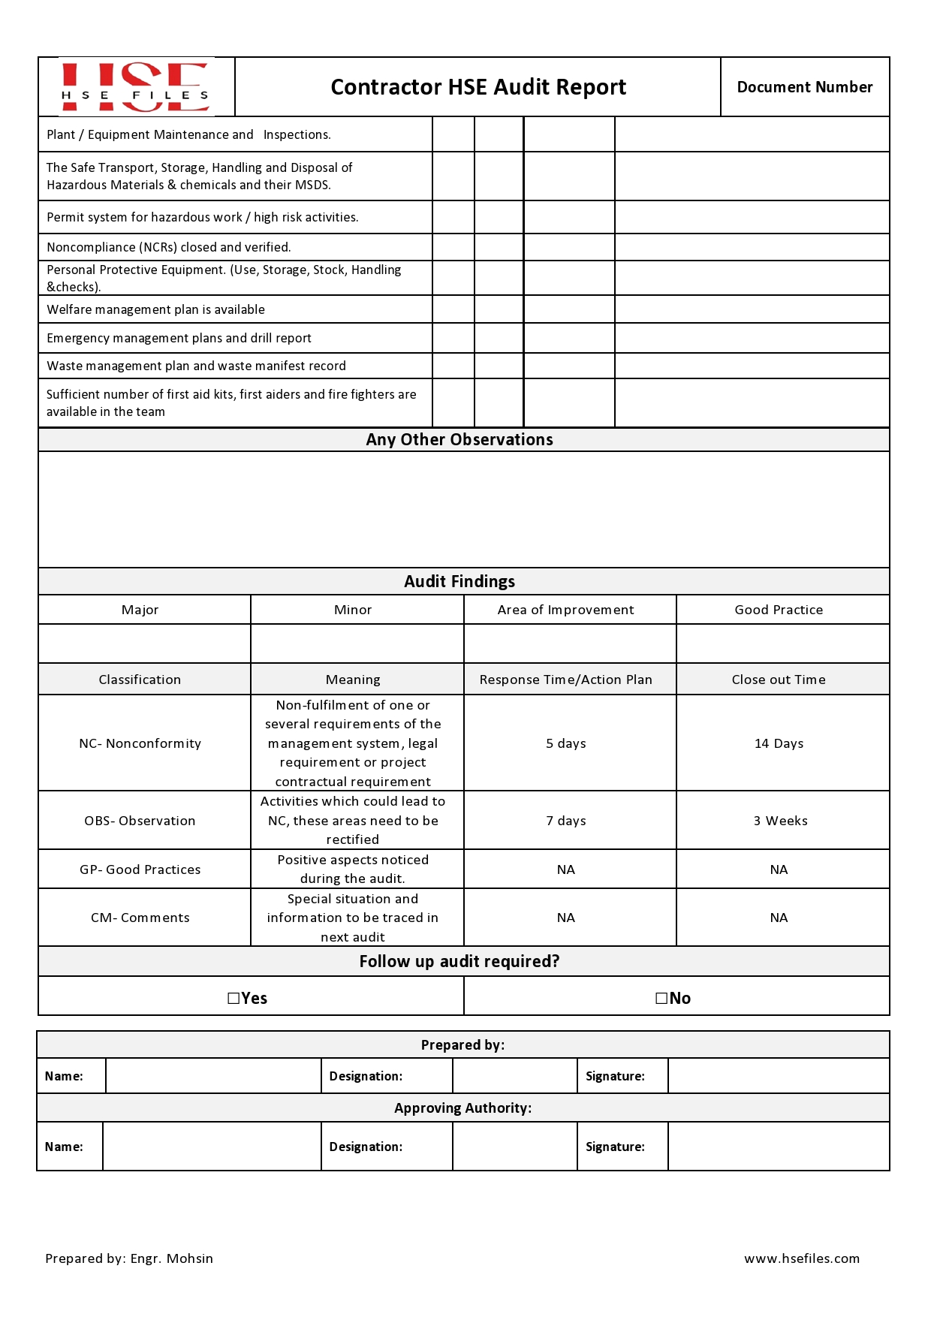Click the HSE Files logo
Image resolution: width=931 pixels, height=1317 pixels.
pos(135,87)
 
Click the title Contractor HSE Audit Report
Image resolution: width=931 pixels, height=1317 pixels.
pos(478,87)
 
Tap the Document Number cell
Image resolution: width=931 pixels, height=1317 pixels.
pos(804,87)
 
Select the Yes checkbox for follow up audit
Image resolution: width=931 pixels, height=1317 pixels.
pos(234,998)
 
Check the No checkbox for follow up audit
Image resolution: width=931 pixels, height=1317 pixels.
pos(661,998)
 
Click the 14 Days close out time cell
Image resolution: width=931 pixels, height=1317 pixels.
pos(779,743)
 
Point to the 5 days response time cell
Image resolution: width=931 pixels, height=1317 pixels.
pos(565,743)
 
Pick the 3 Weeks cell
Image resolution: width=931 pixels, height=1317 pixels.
pos(780,821)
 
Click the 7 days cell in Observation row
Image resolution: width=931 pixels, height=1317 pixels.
pos(565,821)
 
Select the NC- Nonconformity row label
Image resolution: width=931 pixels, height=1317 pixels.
pos(140,743)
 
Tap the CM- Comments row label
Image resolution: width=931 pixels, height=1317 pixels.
pos(140,918)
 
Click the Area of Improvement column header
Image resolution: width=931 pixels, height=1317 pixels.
pos(565,610)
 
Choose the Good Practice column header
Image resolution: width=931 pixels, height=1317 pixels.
pos(779,610)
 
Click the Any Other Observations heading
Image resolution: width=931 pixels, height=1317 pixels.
pos(459,440)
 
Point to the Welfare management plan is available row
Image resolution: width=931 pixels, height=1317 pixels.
pos(155,309)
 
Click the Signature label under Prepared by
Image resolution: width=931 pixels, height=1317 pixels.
pos(615,1076)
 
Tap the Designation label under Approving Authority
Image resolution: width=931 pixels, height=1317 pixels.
pos(366,1147)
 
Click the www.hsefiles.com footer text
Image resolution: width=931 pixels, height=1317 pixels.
pos(802,1258)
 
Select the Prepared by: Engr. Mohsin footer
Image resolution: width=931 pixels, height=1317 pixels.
pos(129,1258)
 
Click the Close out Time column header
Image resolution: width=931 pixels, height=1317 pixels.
pos(779,680)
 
